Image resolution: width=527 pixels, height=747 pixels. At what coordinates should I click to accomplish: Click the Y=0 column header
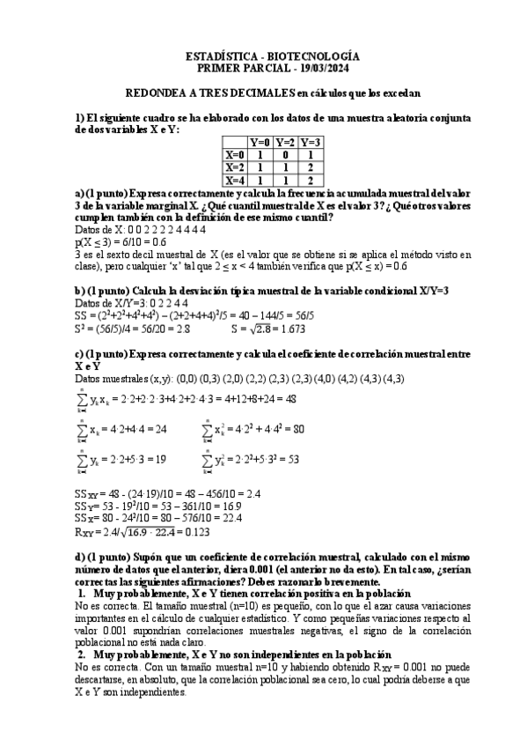tap(260, 141)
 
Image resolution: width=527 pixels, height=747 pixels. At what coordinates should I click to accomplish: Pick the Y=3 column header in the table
tap(311, 141)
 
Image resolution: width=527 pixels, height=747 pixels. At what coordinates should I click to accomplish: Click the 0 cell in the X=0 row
tap(285, 153)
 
